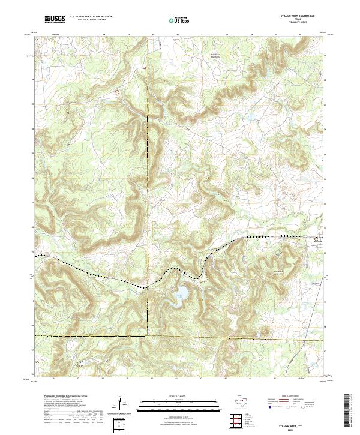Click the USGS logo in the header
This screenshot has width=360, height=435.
(55, 20)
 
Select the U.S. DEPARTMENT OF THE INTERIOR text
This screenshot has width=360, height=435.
(91, 17)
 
